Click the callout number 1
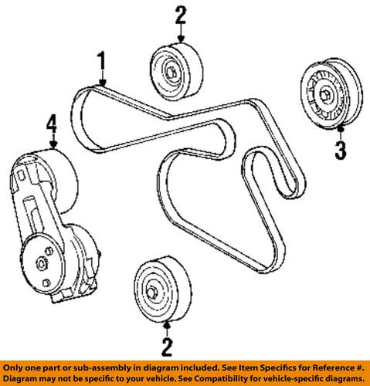click(x=102, y=60)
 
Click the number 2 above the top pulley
click(x=180, y=15)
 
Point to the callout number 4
click(x=52, y=122)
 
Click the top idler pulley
click(x=176, y=71)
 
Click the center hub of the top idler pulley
click(x=170, y=75)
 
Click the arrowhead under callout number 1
click(x=102, y=82)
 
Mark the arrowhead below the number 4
click(x=53, y=144)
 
